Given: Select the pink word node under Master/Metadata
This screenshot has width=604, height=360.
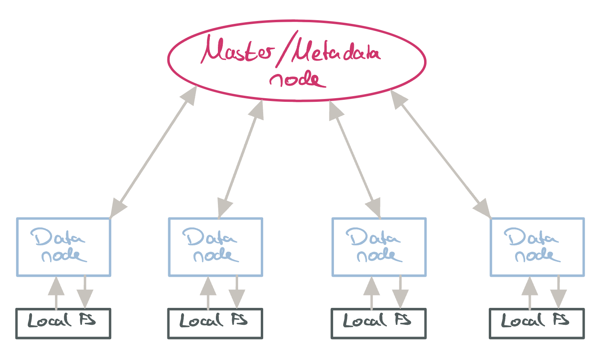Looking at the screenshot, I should pos(298,79).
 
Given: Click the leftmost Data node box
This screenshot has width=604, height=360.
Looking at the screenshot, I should pos(63,247).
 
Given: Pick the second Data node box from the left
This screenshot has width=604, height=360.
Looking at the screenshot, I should pos(215,247).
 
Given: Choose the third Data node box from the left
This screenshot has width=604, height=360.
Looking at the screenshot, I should pos(379,247).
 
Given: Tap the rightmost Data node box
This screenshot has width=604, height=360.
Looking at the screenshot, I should pos(537,247).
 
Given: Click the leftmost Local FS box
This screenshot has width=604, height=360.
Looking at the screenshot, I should pos(63,323).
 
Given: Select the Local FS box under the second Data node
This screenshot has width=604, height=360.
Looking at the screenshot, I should pos(215,323).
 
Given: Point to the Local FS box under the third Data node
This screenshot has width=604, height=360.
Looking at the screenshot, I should pos(378,323).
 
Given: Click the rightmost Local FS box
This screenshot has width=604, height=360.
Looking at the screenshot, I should pos(536,323).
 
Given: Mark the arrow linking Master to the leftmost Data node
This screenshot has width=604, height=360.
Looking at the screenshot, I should pos(154,152).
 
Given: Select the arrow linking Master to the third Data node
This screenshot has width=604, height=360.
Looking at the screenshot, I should pos(355,160).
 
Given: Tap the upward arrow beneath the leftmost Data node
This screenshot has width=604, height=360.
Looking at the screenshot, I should pos(56,293).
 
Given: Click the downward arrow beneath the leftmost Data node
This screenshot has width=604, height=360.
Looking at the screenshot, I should pos(85,293).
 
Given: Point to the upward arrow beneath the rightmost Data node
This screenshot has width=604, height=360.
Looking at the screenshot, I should pos(530,293).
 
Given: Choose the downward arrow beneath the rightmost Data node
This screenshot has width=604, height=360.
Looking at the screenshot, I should pos(558,293).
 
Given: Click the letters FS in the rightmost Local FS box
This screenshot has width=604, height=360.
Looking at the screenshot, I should pos(561,320).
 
